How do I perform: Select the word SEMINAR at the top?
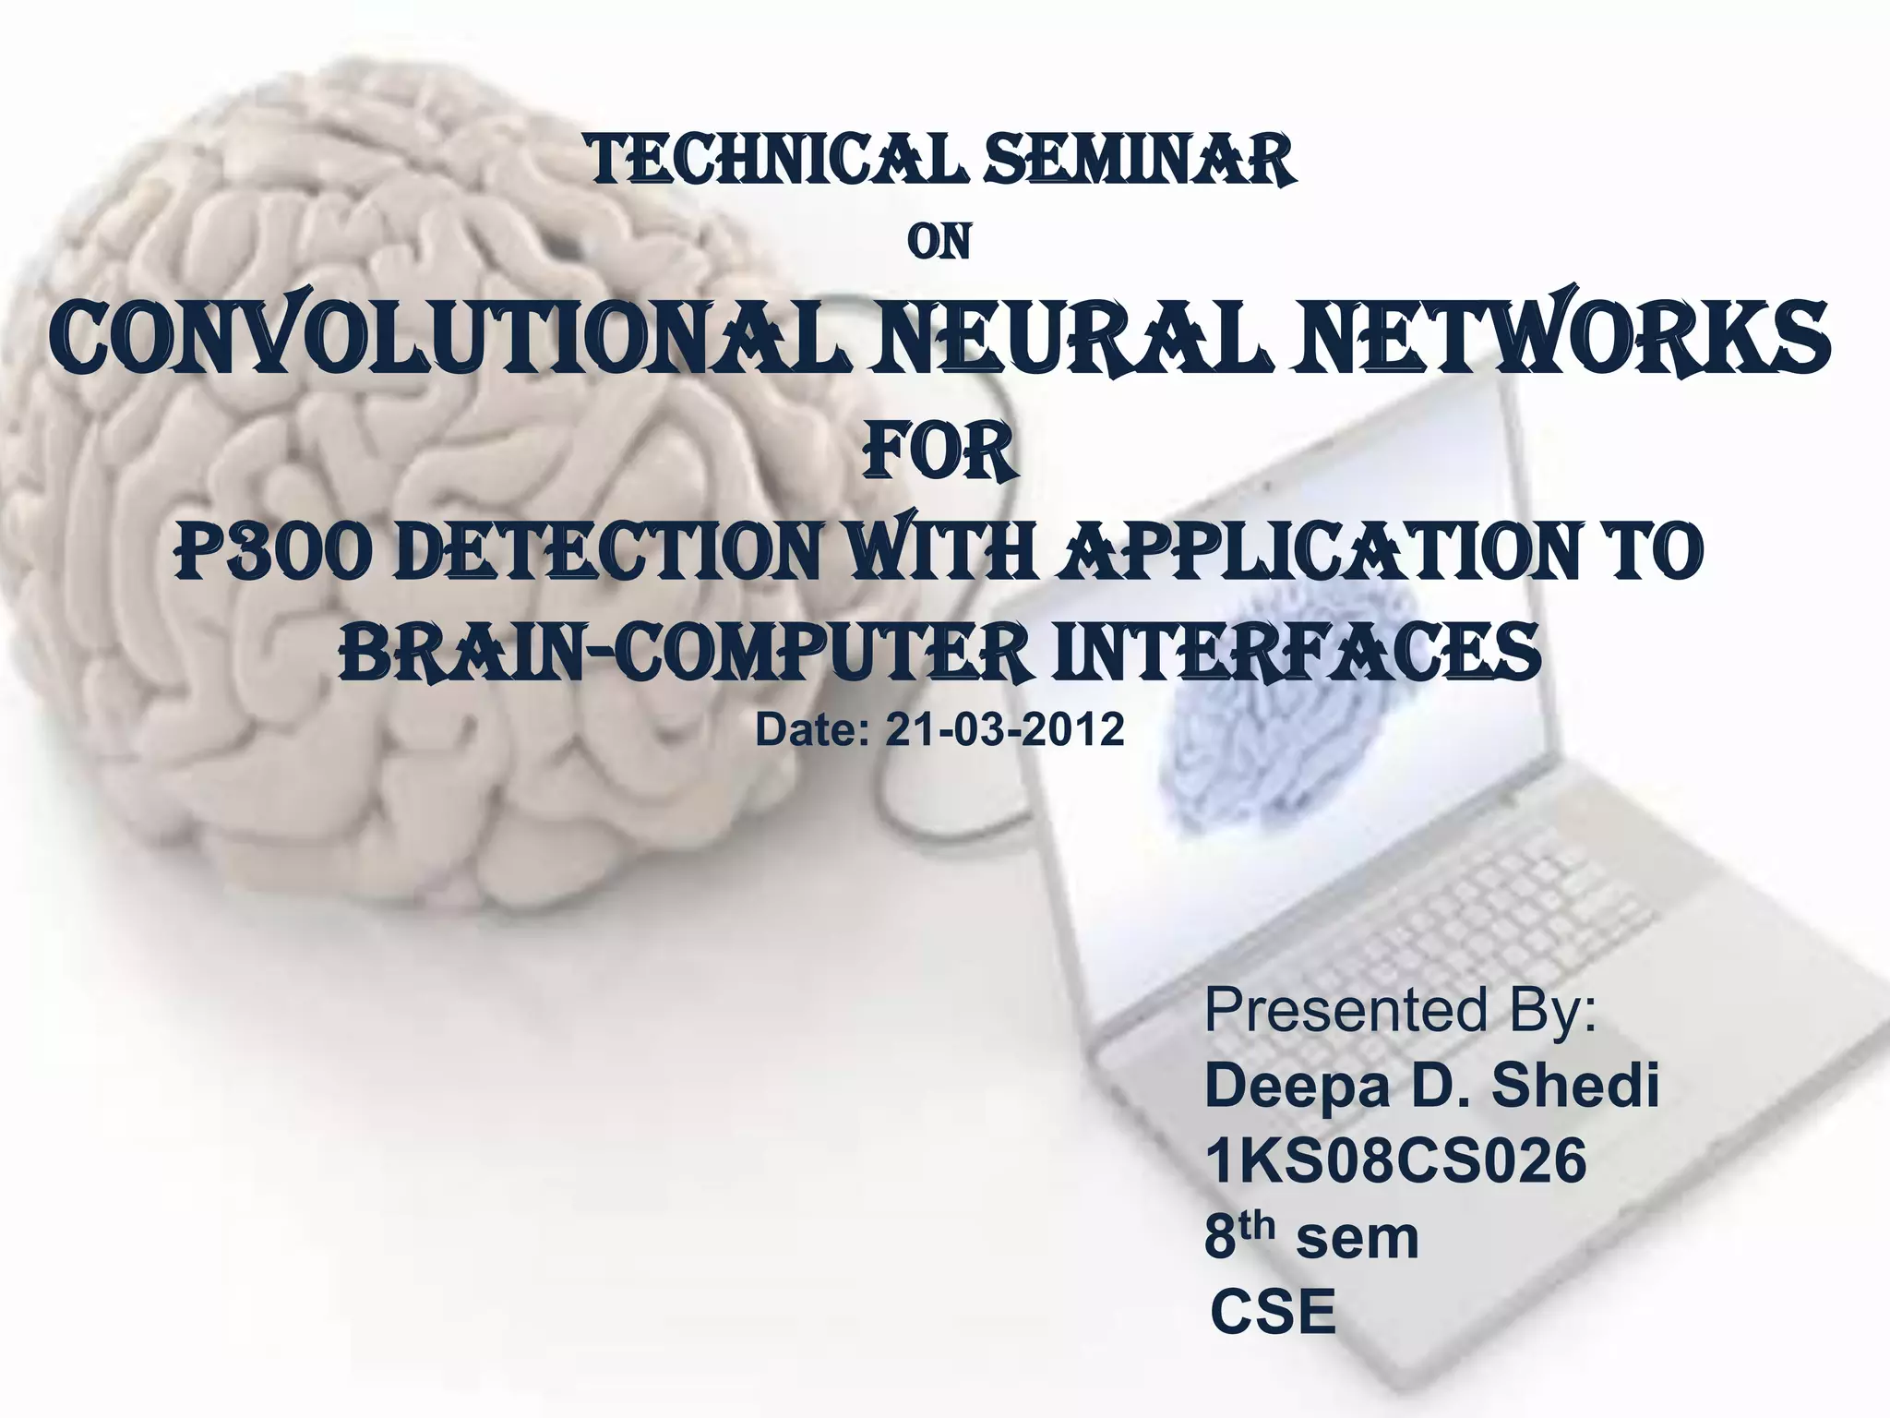(1139, 162)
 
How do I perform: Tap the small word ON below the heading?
(939, 243)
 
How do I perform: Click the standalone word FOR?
(939, 453)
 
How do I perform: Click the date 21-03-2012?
(1005, 730)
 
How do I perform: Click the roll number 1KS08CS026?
(1395, 1160)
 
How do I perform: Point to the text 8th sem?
(1311, 1237)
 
